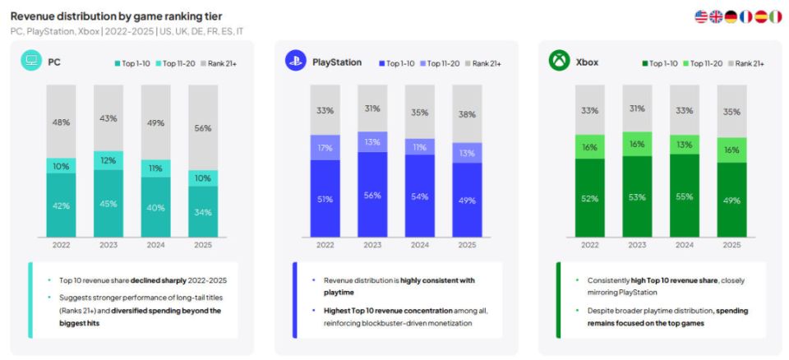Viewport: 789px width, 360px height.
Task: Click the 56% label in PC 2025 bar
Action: point(202,127)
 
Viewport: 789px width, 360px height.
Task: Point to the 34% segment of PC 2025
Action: point(202,211)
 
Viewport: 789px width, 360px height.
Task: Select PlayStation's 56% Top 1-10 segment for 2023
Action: point(373,195)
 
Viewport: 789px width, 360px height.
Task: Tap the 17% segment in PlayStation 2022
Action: point(325,148)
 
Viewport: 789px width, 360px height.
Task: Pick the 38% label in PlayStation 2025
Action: point(467,115)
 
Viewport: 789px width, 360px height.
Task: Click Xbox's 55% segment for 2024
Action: point(684,197)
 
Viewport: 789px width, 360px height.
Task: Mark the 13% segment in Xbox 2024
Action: point(684,145)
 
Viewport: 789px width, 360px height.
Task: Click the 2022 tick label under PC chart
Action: point(61,245)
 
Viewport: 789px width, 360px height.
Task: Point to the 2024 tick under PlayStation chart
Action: point(420,245)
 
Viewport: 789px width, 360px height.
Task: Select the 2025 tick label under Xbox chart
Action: point(731,245)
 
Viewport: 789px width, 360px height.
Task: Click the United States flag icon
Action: point(701,16)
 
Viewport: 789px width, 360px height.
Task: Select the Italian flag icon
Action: point(775,16)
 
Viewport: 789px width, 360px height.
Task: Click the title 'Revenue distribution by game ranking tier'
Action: point(115,16)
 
